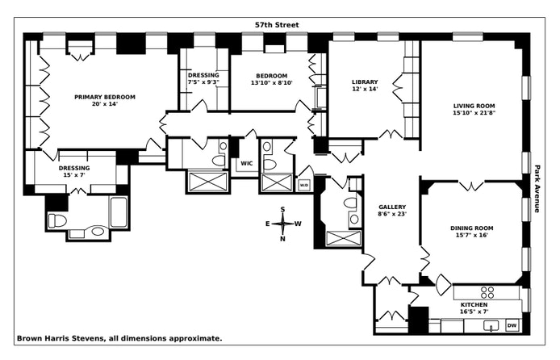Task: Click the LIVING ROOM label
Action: coord(474,106)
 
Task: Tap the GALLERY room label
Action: coord(392,207)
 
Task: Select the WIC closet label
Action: coord(246,163)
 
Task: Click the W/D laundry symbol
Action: coord(304,185)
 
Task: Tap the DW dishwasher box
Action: coord(511,325)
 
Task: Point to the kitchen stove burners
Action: coord(487,292)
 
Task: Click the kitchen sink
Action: coord(490,326)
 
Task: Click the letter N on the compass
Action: coord(282,238)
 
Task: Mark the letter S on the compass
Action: coord(282,210)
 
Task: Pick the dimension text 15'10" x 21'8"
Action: coord(474,114)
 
